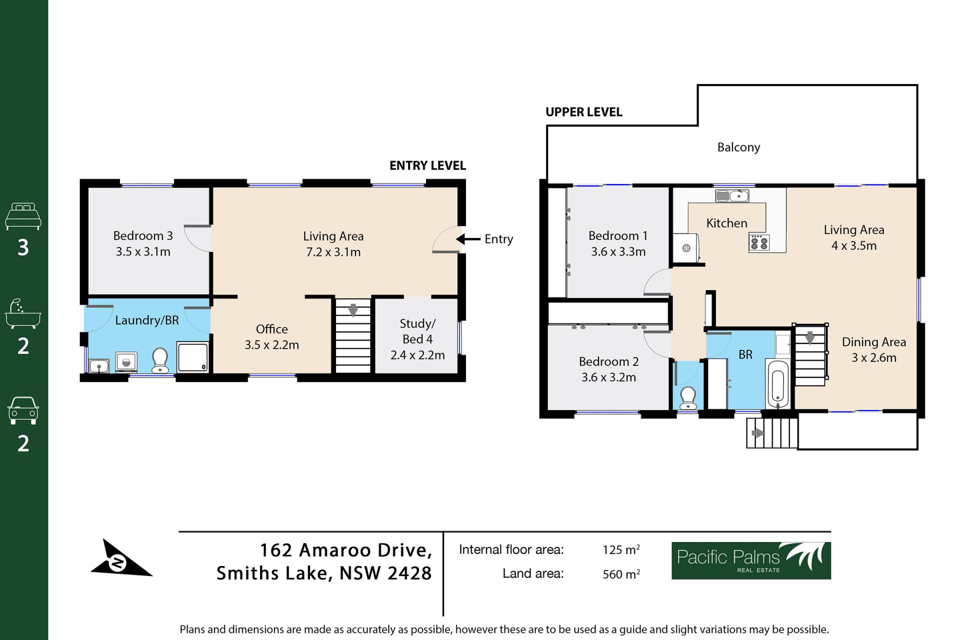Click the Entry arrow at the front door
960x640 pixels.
pyautogui.click(x=468, y=239)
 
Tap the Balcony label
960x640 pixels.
pyautogui.click(x=738, y=147)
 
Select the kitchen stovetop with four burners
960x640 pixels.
pyautogui.click(x=759, y=242)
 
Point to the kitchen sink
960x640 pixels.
pyautogui.click(x=732, y=195)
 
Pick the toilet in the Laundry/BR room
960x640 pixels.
pyautogui.click(x=160, y=360)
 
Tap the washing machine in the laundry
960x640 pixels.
pyautogui.click(x=126, y=362)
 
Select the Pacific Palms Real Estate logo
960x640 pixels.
pyautogui.click(x=751, y=560)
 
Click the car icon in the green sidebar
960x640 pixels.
pyautogui.click(x=23, y=410)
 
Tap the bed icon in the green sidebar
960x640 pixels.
pyautogui.click(x=23, y=216)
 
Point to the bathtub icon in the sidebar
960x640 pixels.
pyautogui.click(x=23, y=314)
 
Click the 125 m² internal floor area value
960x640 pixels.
pyautogui.click(x=621, y=549)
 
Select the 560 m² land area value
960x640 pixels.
pyautogui.click(x=621, y=573)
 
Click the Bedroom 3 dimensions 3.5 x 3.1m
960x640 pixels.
pyautogui.click(x=143, y=251)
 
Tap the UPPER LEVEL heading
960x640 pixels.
pyautogui.click(x=584, y=112)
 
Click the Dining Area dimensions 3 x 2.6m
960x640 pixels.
pyautogui.click(x=874, y=357)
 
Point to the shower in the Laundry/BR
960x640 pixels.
pyautogui.click(x=193, y=356)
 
